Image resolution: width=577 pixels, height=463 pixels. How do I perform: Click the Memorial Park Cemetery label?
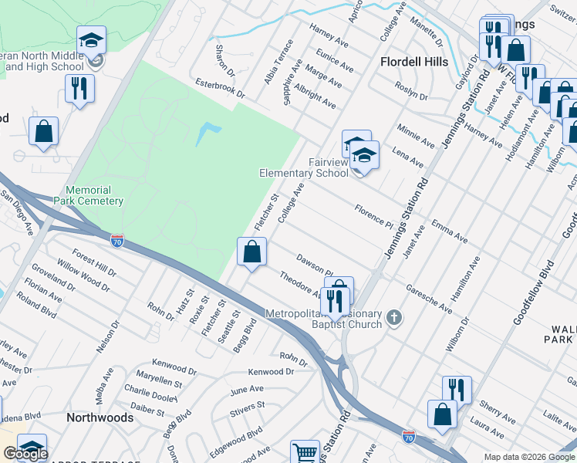tap(94, 195)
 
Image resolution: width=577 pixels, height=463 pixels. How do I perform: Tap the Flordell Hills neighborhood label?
tap(415, 61)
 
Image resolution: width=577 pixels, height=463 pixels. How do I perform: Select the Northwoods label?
tap(99, 417)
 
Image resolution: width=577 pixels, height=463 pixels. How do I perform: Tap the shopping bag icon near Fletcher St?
tap(251, 252)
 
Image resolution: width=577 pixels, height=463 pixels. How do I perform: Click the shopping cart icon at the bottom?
tap(305, 453)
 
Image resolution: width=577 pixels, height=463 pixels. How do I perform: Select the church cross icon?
tap(394, 317)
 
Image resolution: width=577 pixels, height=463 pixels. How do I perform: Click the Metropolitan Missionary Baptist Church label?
tap(323, 319)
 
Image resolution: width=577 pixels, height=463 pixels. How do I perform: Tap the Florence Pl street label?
tap(374, 215)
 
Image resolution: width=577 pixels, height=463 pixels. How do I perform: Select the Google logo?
tap(25, 453)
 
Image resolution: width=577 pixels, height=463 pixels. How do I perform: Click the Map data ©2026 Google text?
tap(528, 457)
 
